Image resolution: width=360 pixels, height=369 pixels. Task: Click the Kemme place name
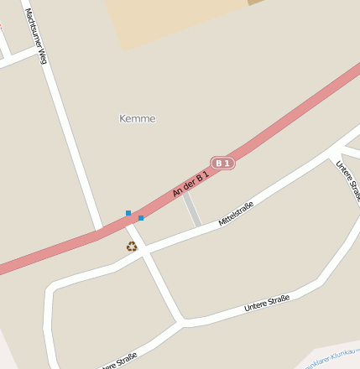pyautogui.click(x=138, y=119)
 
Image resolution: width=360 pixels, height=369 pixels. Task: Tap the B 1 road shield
pyautogui.click(x=222, y=163)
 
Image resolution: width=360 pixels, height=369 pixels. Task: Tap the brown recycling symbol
pyautogui.click(x=131, y=246)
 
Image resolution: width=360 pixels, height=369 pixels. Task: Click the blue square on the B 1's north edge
pyautogui.click(x=128, y=213)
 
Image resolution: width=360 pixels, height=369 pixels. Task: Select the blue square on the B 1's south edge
pyautogui.click(x=141, y=218)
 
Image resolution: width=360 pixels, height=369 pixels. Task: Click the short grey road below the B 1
pyautogui.click(x=192, y=210)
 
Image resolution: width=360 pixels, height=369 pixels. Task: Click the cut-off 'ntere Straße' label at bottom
pyautogui.click(x=118, y=362)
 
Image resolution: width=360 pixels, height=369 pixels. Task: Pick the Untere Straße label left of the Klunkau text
pyautogui.click(x=267, y=303)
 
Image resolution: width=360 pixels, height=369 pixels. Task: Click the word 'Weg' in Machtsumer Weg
pyautogui.click(x=42, y=55)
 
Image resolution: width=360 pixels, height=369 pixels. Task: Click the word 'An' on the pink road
pyautogui.click(x=177, y=194)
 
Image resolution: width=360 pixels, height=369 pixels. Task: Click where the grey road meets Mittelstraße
pyautogui.click(x=200, y=226)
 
